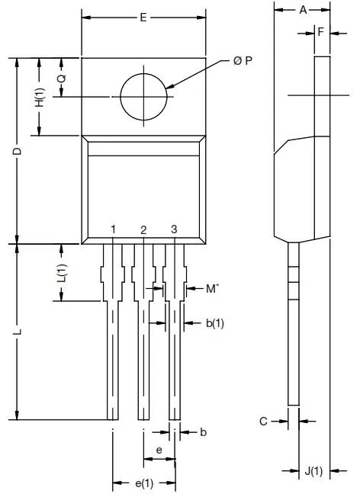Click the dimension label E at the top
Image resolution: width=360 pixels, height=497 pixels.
[143, 18]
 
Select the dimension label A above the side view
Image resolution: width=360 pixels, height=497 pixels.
[303, 10]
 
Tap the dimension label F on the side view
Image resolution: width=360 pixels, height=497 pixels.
[321, 32]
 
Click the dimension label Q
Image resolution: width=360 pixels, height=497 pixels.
[61, 79]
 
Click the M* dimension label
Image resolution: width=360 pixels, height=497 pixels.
[213, 288]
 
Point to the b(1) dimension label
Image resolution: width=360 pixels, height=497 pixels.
[214, 323]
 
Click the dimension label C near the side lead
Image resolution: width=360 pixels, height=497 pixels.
[262, 420]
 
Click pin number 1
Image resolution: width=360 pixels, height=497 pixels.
[113, 229]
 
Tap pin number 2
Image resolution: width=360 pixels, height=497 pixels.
[143, 229]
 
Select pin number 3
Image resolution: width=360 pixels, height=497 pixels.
[174, 229]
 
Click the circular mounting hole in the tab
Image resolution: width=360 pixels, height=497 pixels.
[143, 97]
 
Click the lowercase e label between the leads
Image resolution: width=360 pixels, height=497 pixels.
[159, 451]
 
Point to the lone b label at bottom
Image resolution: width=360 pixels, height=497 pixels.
[203, 432]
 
